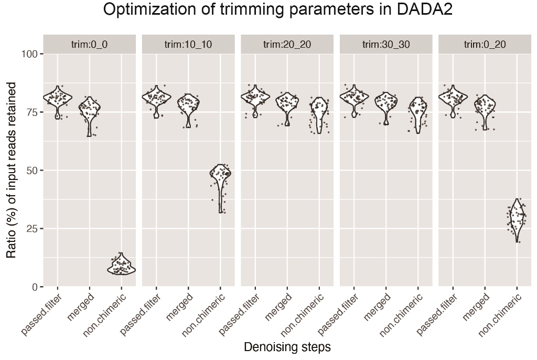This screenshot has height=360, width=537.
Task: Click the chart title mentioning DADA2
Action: pos(277,10)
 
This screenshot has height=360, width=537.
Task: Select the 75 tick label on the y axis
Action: pos(32,112)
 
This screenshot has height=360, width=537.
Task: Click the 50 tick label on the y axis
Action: pos(32,171)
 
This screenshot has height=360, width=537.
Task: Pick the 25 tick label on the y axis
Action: pos(32,229)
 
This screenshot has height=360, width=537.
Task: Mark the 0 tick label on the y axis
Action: pos(35,287)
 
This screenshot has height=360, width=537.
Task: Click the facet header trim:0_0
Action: pos(89,45)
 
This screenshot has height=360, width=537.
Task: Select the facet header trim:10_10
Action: pos(188,45)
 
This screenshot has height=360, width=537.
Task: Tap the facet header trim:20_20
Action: pos(287,45)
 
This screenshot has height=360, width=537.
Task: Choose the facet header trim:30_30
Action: pos(386,45)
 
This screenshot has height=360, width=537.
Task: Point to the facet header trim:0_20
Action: pos(485,45)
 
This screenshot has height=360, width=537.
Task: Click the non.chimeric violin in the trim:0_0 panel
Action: pos(121,266)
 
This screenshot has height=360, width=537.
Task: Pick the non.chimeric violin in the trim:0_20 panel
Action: pos(517,218)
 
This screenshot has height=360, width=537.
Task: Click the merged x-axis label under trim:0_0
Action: pos(81,307)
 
